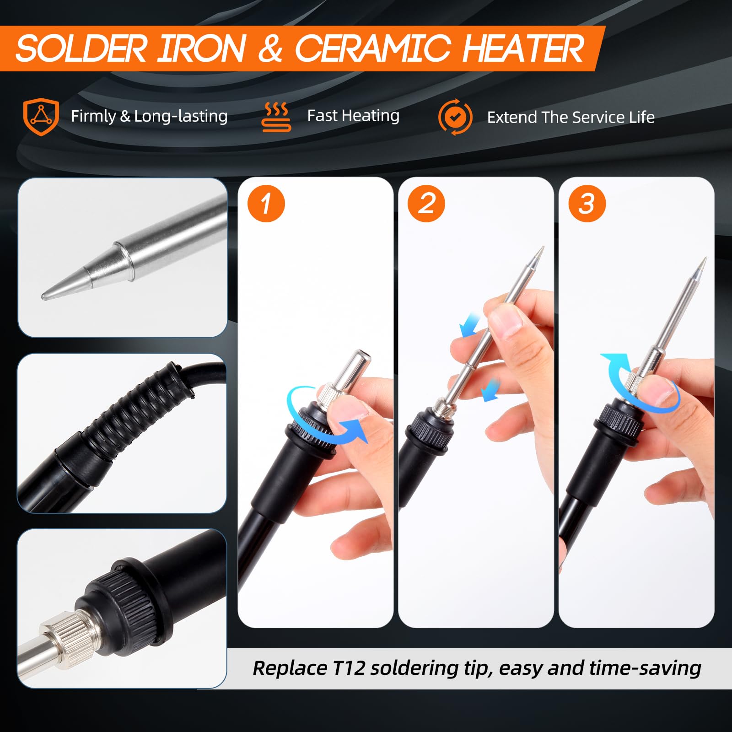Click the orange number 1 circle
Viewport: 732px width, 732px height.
(x=266, y=204)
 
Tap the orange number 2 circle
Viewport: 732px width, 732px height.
(x=426, y=204)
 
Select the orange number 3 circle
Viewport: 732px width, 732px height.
(x=587, y=204)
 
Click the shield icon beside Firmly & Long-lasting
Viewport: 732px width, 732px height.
(x=41, y=117)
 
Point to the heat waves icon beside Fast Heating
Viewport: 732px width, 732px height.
(x=276, y=117)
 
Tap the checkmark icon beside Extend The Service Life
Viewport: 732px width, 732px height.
(x=455, y=117)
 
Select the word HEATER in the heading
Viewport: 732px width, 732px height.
(x=523, y=48)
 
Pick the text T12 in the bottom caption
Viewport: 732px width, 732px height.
(x=349, y=668)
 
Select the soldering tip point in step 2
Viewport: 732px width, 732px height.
(x=543, y=248)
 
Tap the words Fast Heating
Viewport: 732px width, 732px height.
(x=353, y=116)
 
